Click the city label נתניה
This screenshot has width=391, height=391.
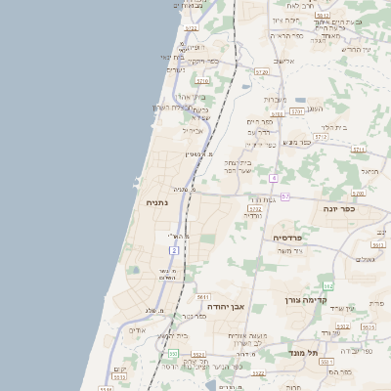point(156,202)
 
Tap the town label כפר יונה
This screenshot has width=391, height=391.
point(339,208)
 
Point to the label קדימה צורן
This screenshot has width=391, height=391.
point(304,300)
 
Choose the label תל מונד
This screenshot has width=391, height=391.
point(306,351)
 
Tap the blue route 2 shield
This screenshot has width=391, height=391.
point(174,250)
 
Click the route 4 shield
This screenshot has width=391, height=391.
point(275,178)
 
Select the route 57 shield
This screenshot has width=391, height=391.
point(284,196)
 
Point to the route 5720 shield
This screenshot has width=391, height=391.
point(261,71)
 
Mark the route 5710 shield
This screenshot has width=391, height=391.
point(203,81)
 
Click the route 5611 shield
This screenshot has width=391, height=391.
point(203,296)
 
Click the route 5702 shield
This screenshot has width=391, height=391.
point(255,208)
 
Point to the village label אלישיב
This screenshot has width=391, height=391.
point(283,61)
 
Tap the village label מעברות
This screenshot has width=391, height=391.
point(275,99)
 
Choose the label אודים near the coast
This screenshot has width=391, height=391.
point(137,329)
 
